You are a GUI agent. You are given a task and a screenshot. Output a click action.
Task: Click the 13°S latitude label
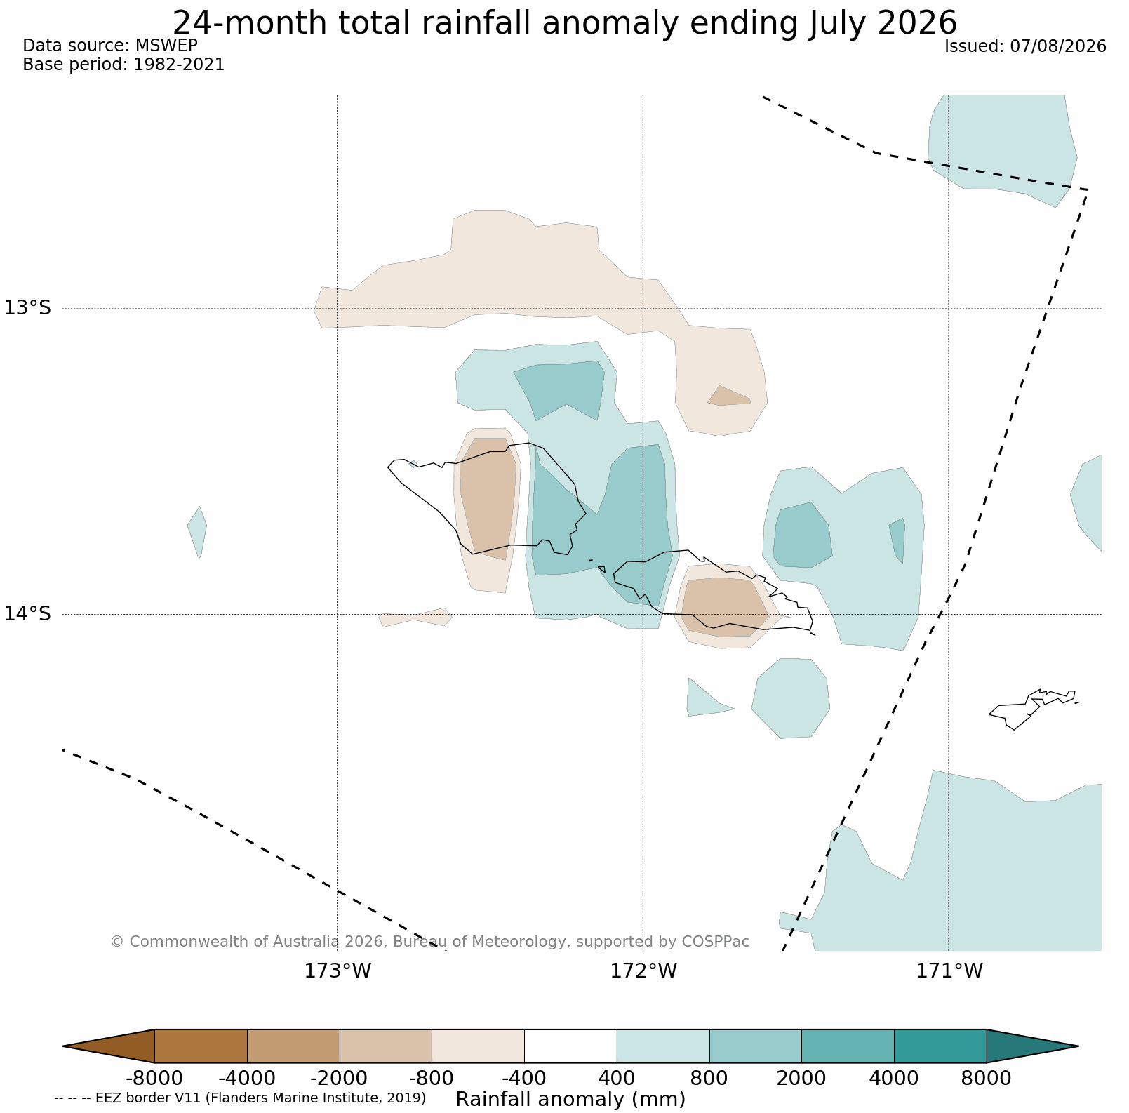tap(28, 308)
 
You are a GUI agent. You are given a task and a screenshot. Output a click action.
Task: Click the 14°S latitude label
tap(28, 614)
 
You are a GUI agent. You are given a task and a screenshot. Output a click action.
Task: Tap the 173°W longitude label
tap(338, 971)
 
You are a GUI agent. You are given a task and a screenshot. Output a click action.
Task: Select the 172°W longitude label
tap(643, 971)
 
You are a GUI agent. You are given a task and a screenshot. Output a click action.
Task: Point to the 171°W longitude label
tap(949, 971)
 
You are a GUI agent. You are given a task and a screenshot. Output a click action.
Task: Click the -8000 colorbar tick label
tap(154, 1079)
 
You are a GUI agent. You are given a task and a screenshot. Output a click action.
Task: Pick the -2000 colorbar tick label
tap(340, 1079)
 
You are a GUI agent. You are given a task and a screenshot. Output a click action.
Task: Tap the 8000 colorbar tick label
tap(987, 1079)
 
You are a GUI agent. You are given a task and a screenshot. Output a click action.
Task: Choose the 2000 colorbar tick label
tap(801, 1079)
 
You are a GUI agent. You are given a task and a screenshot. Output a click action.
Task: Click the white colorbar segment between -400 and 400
tap(570, 1046)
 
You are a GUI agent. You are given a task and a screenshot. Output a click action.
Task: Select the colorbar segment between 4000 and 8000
tap(940, 1046)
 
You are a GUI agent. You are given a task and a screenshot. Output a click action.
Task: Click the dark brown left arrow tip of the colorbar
tap(63, 1046)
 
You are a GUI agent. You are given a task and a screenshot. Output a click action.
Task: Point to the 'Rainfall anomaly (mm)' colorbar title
tap(570, 1099)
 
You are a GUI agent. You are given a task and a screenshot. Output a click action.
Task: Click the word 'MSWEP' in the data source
tap(166, 46)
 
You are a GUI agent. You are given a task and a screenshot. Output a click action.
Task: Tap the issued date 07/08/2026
tap(1058, 46)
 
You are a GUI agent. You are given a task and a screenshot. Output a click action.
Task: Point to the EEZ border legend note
tap(240, 1098)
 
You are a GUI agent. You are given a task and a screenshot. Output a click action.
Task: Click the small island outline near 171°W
tap(1034, 709)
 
